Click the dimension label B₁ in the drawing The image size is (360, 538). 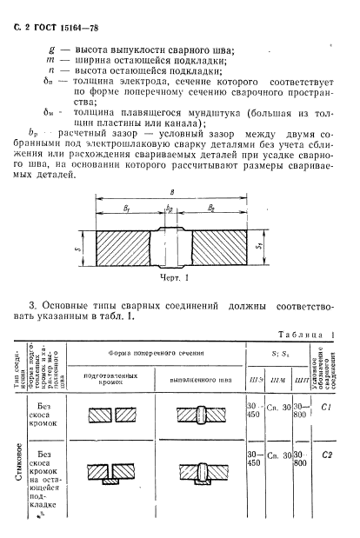[x=128, y=209]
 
